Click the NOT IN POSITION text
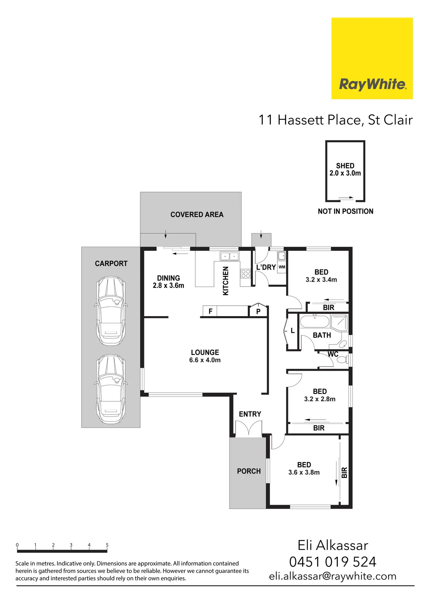[346, 211]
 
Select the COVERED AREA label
[197, 215]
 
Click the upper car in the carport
[111, 311]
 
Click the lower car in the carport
[111, 389]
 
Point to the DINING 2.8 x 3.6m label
[168, 282]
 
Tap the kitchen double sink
[230, 256]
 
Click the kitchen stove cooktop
[246, 274]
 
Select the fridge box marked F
[210, 311]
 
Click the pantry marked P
[258, 311]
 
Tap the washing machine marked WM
[282, 267]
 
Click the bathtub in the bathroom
[315, 321]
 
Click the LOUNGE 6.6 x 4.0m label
[205, 356]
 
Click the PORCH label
[249, 471]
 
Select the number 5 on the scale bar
[107, 545]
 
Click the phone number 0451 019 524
[333, 562]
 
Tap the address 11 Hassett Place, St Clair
[335, 120]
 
